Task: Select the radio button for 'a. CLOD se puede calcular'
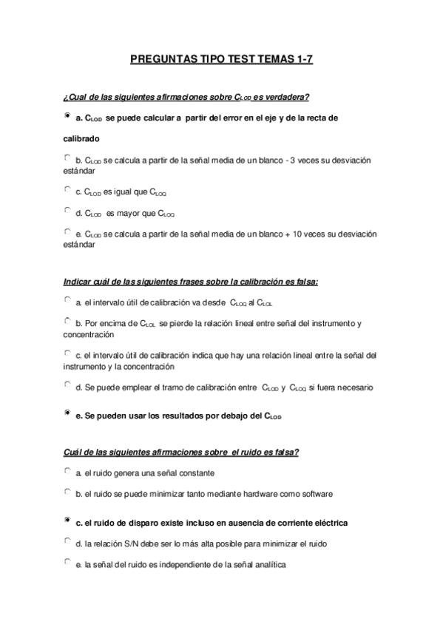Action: (x=67, y=116)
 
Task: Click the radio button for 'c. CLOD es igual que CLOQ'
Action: (x=67, y=190)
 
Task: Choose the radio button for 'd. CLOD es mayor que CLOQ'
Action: (x=67, y=211)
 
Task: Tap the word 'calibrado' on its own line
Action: (x=80, y=138)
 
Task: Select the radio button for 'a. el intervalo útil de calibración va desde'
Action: (x=67, y=300)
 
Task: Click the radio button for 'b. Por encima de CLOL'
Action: (x=67, y=321)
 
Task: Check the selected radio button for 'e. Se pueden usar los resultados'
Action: (x=67, y=413)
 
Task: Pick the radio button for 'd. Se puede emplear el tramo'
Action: (x=67, y=384)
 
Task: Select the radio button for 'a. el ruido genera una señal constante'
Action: (x=67, y=470)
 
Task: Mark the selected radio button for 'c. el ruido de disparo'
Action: (x=67, y=521)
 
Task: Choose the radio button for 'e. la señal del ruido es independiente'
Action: (x=67, y=563)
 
